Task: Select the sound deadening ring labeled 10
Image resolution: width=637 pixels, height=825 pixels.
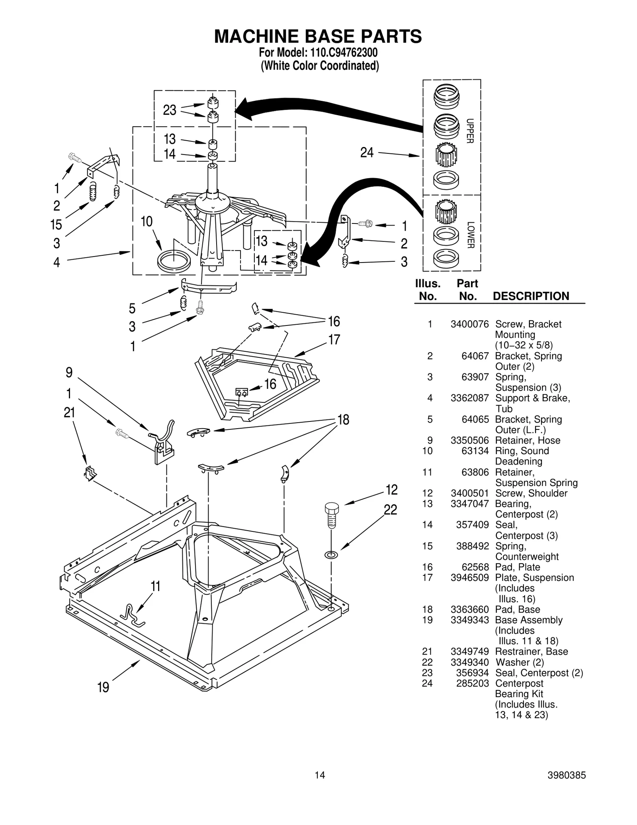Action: [174, 261]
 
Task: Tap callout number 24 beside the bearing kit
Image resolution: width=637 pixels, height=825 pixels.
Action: [367, 152]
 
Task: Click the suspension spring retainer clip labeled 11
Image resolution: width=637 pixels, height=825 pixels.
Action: [133, 615]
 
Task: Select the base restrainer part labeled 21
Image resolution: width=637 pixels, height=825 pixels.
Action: [90, 473]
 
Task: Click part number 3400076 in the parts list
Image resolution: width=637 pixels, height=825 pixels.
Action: [469, 324]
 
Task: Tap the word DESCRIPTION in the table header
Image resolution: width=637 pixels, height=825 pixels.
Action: [531, 296]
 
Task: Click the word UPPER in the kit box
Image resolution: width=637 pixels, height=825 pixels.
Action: [470, 131]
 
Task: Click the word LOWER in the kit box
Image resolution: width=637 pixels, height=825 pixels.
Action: [470, 235]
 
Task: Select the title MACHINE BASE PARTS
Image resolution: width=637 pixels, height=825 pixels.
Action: [318, 36]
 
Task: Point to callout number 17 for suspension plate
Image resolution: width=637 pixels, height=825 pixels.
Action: [334, 340]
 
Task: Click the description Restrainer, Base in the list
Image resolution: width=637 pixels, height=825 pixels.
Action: [531, 652]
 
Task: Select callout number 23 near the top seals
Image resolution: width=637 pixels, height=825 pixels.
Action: [170, 110]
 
